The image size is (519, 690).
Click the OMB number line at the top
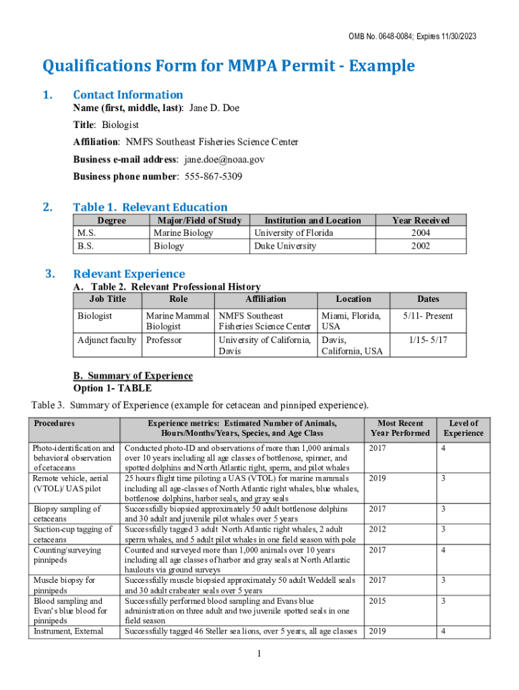click(x=412, y=36)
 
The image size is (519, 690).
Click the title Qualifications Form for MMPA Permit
click(x=228, y=66)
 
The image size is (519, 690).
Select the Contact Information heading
click(x=128, y=94)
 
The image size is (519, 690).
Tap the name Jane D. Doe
click(x=214, y=108)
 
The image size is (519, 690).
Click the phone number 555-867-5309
click(x=213, y=177)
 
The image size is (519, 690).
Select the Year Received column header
click(x=421, y=220)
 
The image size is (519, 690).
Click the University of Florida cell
click(x=293, y=233)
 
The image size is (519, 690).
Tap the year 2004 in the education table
click(x=421, y=233)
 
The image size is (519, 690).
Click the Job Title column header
click(x=107, y=299)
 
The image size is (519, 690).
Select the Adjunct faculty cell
click(x=106, y=340)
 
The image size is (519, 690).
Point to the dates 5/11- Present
click(x=428, y=316)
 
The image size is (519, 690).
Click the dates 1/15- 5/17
click(x=428, y=340)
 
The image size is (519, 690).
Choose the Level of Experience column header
click(x=463, y=428)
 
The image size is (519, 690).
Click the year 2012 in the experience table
click(x=377, y=530)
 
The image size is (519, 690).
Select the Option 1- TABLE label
click(x=112, y=388)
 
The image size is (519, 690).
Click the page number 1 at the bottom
click(x=259, y=654)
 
